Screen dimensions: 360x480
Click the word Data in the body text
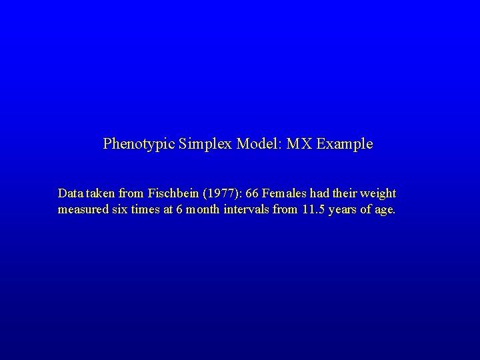coord(70,193)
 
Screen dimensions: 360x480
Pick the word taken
coord(101,193)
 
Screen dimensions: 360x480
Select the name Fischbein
coord(173,193)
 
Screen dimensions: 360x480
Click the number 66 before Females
coord(253,193)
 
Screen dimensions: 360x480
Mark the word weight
coord(378,193)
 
